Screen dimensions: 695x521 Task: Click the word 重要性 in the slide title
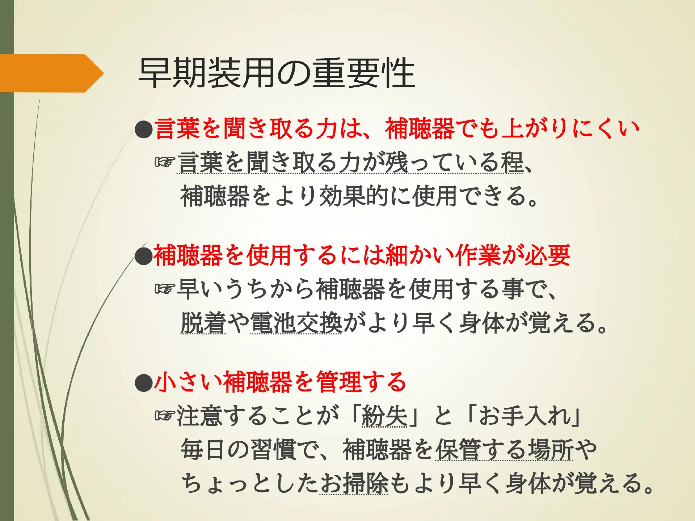(x=363, y=73)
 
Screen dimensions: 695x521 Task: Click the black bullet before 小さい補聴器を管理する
(x=144, y=382)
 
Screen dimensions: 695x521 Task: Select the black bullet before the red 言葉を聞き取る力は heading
(x=144, y=129)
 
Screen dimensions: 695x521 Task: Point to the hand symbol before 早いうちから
(x=165, y=289)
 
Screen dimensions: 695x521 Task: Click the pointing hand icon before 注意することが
(x=165, y=416)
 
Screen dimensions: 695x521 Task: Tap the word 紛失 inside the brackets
(x=384, y=416)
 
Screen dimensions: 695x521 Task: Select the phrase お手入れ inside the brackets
(x=525, y=416)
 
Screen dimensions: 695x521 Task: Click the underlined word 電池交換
(x=296, y=323)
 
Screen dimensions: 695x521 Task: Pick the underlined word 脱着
(x=203, y=323)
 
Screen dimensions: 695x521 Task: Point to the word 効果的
(x=354, y=196)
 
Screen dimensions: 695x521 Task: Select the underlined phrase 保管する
(x=481, y=449)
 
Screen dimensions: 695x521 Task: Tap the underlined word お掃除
(x=354, y=483)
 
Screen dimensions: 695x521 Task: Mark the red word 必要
(x=548, y=255)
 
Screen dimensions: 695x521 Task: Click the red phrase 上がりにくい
(x=570, y=128)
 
